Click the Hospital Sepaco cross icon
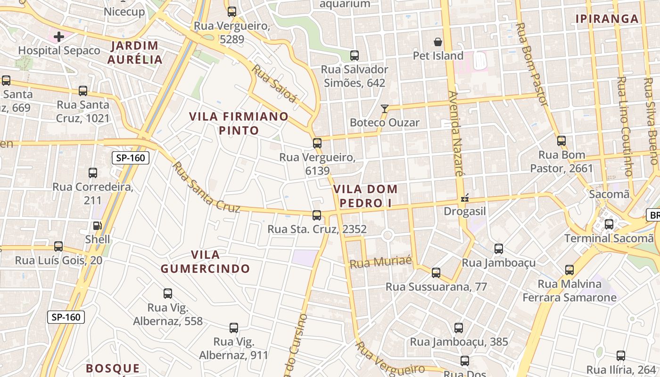click(59, 36)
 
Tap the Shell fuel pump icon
click(97, 226)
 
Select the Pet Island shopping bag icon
click(438, 42)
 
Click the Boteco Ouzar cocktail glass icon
click(385, 109)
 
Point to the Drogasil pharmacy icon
click(465, 198)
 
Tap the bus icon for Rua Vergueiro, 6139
click(317, 143)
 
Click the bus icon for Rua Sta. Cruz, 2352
click(317, 215)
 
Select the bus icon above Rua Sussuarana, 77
click(436, 272)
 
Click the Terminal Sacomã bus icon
click(609, 224)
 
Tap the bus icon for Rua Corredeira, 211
click(93, 173)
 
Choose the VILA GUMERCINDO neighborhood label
click(205, 262)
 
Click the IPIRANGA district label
click(607, 19)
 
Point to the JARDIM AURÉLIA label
click(134, 53)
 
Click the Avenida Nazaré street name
click(456, 133)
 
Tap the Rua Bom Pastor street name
click(533, 64)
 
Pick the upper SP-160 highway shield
click(131, 158)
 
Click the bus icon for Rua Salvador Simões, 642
click(355, 56)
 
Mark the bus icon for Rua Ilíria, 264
click(621, 356)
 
